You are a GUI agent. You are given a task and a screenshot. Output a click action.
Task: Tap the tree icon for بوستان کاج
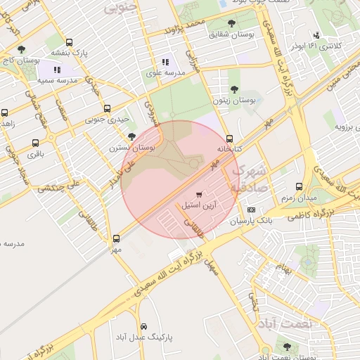pos(22,50)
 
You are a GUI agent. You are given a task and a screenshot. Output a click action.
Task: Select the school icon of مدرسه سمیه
pos(57,70)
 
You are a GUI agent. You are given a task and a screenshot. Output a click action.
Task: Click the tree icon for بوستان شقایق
pos(232,24)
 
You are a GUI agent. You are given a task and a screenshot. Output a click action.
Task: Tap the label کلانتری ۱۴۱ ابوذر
pos(335,46)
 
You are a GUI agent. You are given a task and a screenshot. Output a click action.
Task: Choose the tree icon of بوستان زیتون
pos(234,89)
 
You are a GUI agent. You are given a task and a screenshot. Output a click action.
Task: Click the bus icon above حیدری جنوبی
pos(107,108)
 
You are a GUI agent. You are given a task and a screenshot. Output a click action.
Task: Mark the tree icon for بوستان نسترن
pos(131,136)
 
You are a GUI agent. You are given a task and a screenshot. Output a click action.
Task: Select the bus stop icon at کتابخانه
pos(230,138)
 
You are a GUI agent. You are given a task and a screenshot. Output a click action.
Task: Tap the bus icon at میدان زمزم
pos(300,187)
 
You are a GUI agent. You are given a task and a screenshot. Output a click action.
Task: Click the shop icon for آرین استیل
pos(199,194)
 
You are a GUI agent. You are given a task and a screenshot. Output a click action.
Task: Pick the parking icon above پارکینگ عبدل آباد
pos(143,327)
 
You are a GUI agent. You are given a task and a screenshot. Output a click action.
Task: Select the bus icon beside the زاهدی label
pos(6,112)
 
